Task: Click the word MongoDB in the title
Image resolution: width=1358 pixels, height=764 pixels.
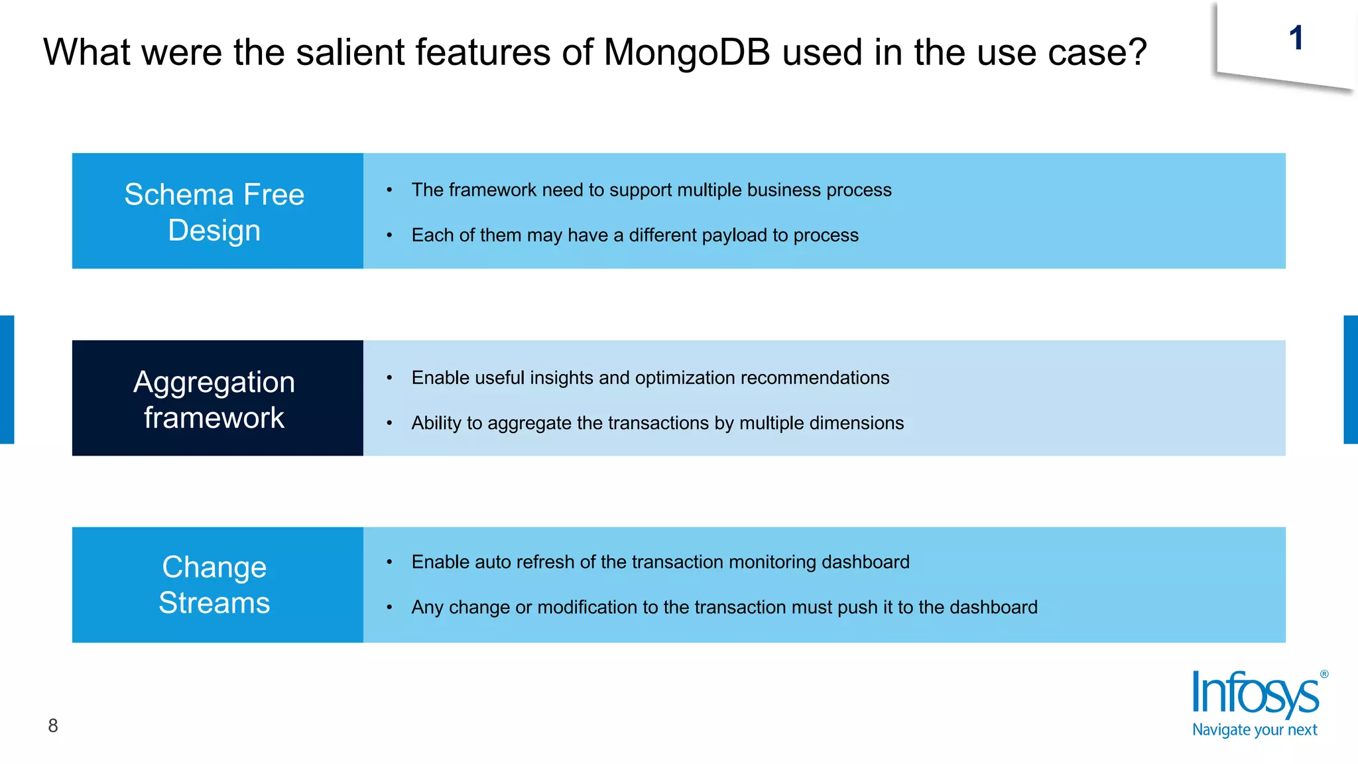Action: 687,52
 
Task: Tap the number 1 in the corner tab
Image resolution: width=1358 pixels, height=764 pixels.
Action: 1296,38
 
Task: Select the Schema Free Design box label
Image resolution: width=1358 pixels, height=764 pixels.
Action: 214,212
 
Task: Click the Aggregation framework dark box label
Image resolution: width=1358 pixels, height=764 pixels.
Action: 214,399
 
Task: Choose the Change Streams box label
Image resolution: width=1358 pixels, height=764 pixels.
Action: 214,585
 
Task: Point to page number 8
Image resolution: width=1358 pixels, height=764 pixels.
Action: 53,726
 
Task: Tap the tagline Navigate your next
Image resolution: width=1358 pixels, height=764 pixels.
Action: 1255,730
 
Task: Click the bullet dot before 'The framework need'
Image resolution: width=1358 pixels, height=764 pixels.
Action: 390,190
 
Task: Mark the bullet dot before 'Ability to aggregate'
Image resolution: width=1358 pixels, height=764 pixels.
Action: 390,423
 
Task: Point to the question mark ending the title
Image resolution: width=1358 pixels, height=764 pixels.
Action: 1137,52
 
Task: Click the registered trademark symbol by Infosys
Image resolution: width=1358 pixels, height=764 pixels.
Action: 1324,674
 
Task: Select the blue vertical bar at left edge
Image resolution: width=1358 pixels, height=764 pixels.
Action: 7,379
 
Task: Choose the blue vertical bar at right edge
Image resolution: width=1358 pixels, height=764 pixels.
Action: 1351,379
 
